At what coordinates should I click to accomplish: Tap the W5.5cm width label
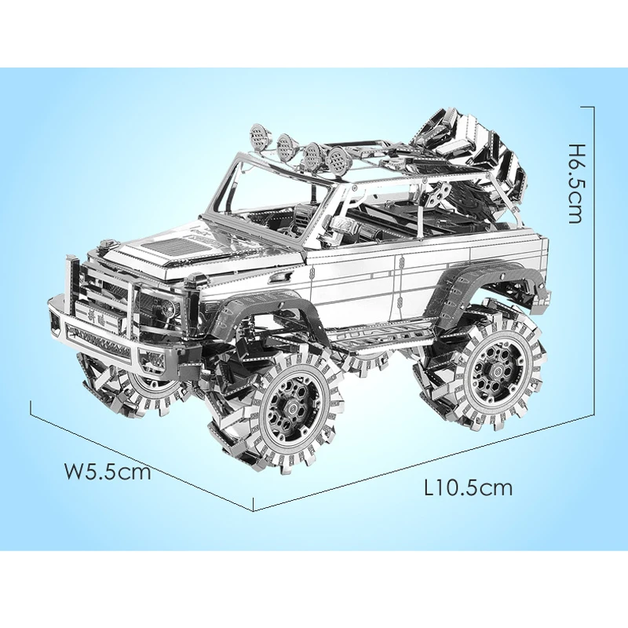coord(108,472)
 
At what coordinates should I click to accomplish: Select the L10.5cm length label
coord(468,487)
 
